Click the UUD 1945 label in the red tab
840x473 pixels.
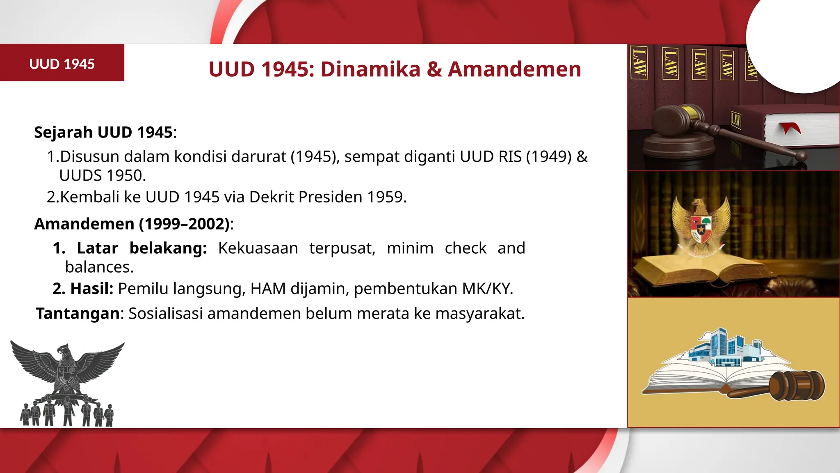click(62, 64)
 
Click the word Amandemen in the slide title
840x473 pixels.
click(514, 69)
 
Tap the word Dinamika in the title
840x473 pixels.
click(370, 69)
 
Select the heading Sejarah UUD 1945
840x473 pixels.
click(103, 132)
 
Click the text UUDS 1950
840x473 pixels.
click(103, 176)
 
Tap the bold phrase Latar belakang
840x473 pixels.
click(142, 248)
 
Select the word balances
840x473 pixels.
click(99, 267)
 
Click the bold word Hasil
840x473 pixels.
click(91, 289)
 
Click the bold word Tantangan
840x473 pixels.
click(78, 313)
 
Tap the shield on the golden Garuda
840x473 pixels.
click(701, 228)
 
